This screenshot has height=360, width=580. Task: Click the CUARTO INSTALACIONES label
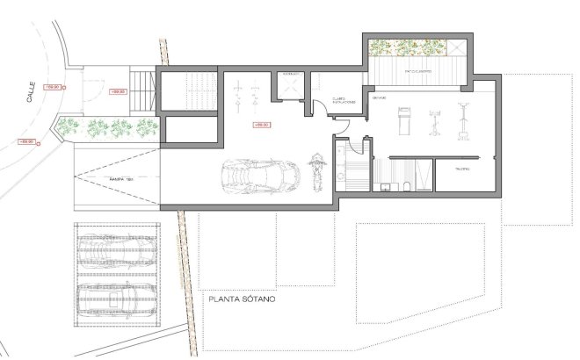pyautogui.click(x=343, y=102)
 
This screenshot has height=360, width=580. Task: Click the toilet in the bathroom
pyautogui.click(x=408, y=185)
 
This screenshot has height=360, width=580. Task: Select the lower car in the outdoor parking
pyautogui.click(x=117, y=298)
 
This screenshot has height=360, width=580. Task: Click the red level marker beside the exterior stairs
pyautogui.click(x=116, y=91)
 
